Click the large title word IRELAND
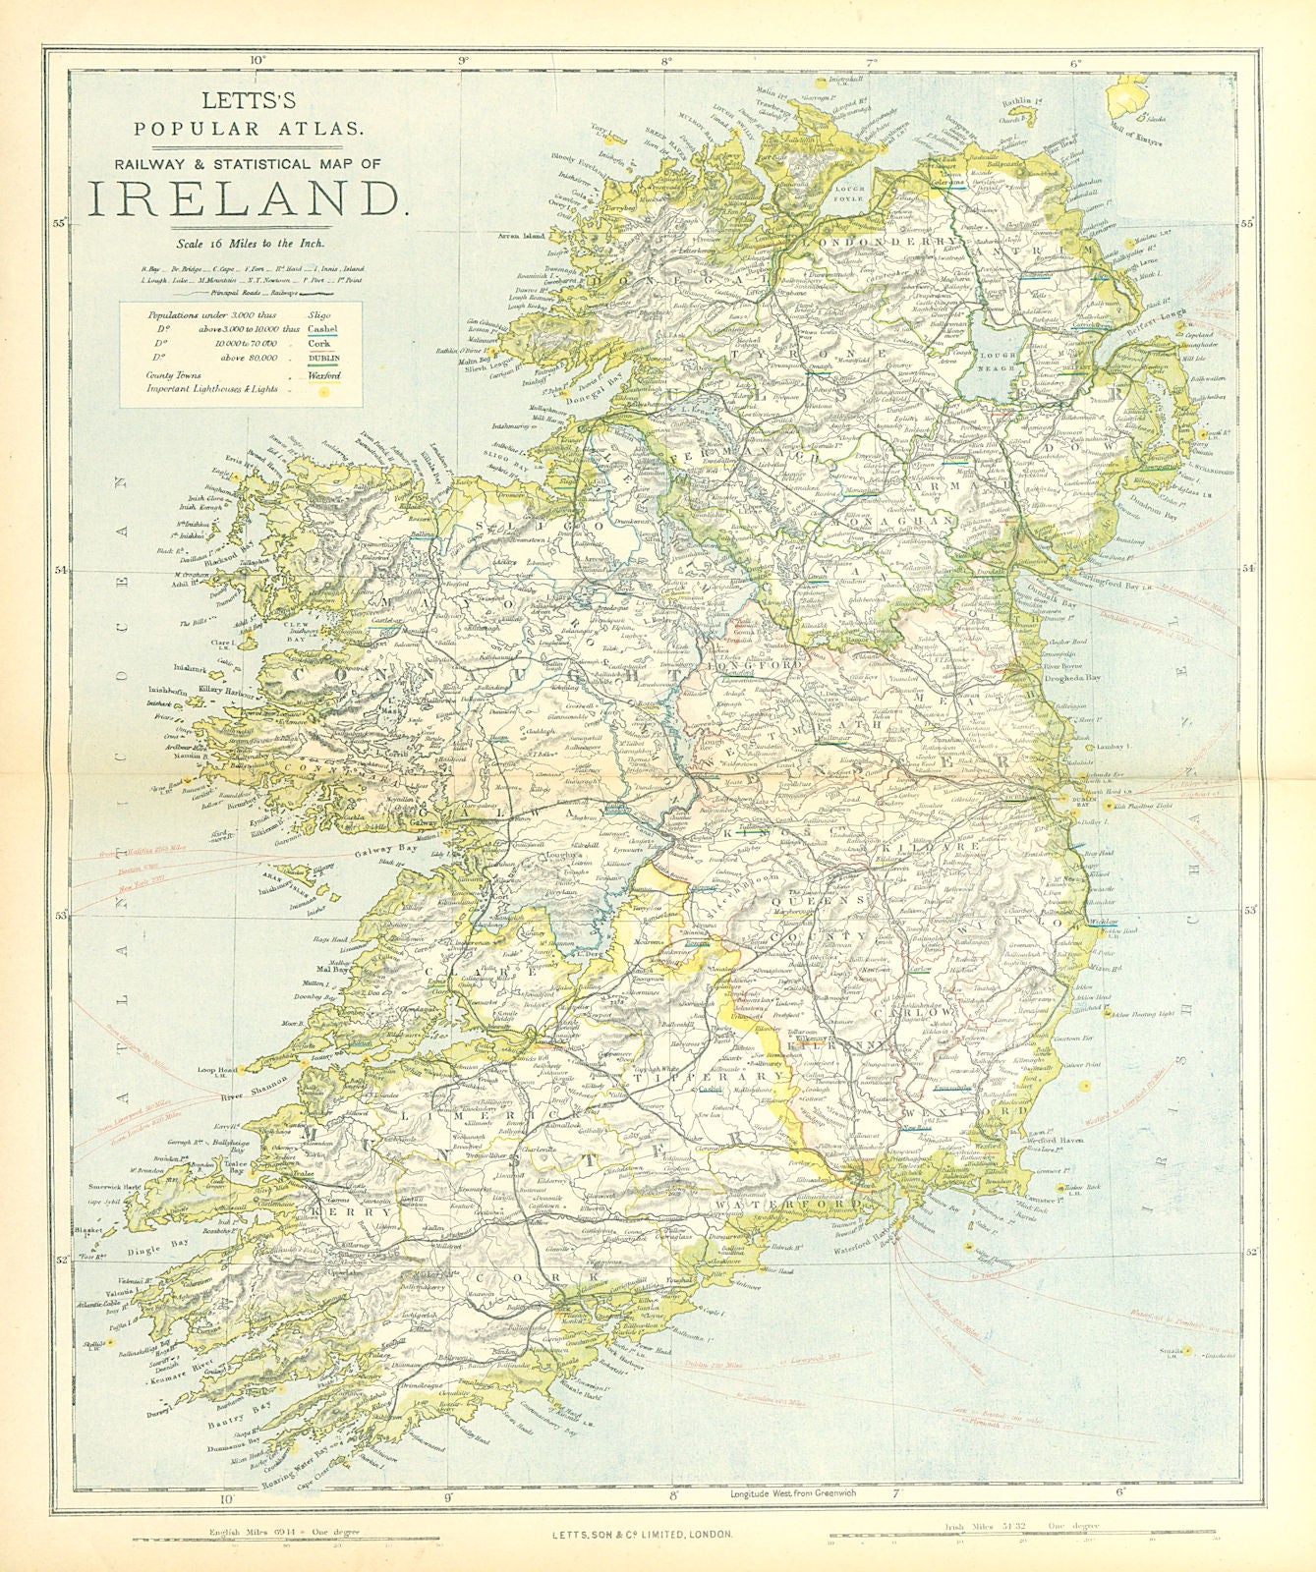[x=245, y=198]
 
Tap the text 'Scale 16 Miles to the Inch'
[x=245, y=243]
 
